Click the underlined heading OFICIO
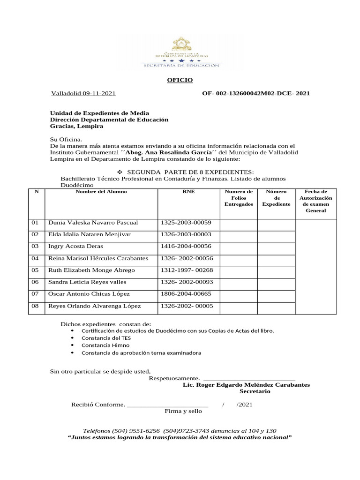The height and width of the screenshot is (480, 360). [x=180, y=81]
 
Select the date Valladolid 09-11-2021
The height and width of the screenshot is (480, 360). [x=83, y=94]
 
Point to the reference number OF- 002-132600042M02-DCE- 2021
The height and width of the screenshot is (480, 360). [x=255, y=94]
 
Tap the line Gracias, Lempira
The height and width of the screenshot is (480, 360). [x=76, y=127]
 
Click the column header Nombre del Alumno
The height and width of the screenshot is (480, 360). [x=101, y=192]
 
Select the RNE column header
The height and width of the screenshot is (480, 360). [x=188, y=192]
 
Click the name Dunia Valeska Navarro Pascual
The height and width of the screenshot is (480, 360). [x=93, y=223]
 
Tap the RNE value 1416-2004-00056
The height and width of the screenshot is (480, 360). [x=186, y=246]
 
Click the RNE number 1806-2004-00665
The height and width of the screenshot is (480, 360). [x=186, y=294]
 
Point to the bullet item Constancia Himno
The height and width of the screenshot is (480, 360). [x=105, y=345]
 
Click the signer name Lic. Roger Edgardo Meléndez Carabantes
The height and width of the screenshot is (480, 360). [x=246, y=385]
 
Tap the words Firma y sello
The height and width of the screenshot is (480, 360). [x=183, y=411]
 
